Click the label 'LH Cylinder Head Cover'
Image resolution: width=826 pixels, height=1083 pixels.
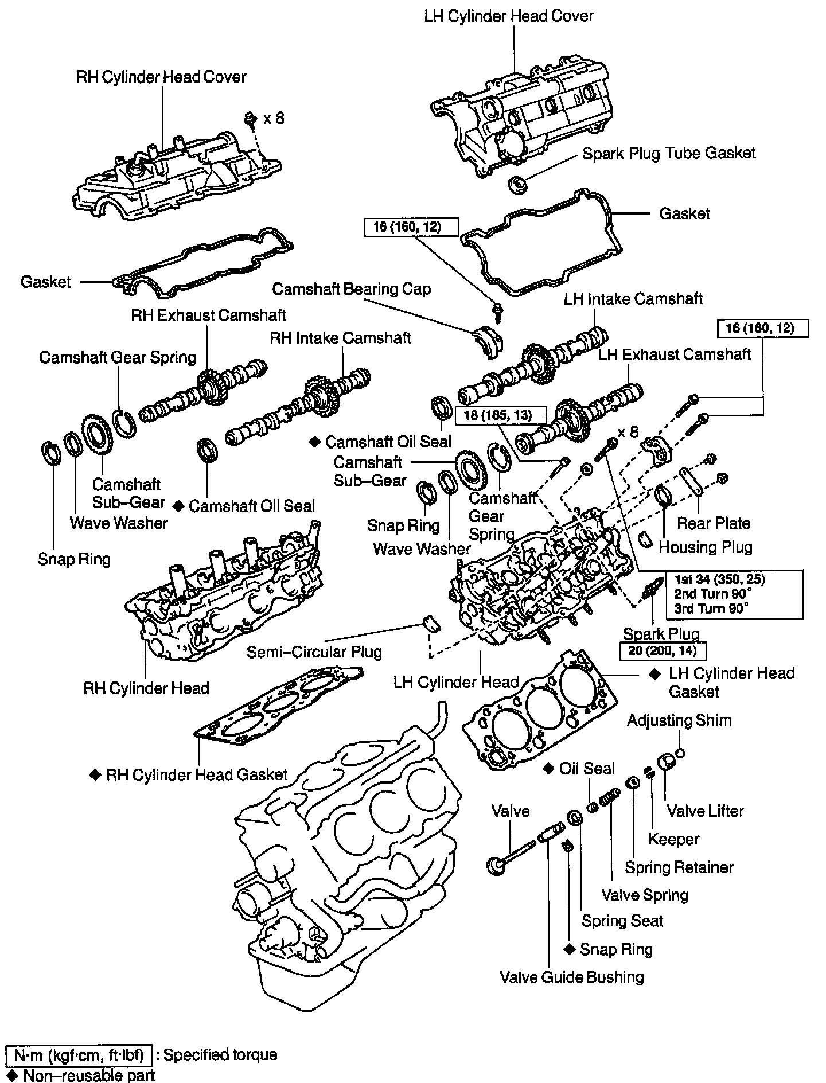508,15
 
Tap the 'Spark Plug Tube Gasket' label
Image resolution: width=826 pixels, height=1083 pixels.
669,153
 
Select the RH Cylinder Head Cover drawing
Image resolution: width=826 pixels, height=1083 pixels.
178,175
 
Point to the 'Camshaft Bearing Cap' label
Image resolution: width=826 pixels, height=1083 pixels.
351,289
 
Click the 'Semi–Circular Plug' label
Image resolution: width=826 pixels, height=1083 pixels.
314,652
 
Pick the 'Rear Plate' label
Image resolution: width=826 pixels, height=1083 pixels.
714,523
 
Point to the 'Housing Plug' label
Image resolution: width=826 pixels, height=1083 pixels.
705,547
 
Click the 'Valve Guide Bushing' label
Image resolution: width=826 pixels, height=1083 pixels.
572,977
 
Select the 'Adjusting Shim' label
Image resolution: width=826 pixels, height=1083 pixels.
679,720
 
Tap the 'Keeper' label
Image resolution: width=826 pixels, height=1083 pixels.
673,839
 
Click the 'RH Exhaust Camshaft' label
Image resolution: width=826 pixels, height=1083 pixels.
208,315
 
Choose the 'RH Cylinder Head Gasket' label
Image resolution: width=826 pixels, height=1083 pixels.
196,775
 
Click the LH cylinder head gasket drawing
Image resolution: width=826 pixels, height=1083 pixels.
539,711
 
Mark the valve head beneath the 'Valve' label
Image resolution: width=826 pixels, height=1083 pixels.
495,865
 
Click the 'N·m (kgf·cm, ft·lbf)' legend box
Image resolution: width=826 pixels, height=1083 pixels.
79,1055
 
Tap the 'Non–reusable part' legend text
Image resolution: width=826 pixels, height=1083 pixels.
89,1074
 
